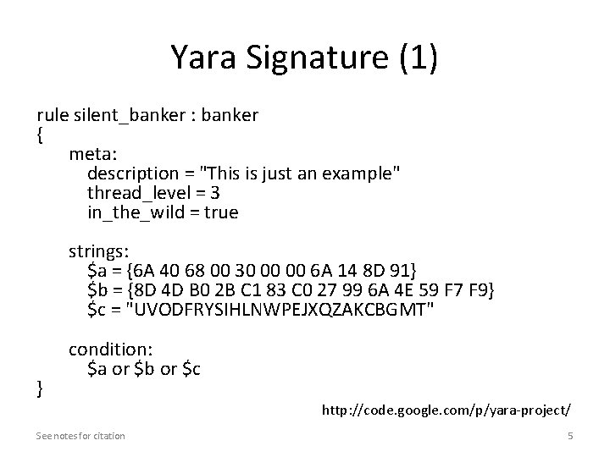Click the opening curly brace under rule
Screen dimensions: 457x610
tap(40, 135)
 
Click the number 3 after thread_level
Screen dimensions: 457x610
tap(215, 193)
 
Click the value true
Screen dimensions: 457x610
tap(222, 212)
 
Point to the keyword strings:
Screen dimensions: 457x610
tap(99, 251)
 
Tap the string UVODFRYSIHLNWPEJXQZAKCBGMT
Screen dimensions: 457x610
tap(280, 310)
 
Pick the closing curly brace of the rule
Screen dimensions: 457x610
tap(40, 388)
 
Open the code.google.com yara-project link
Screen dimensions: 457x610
tap(446, 410)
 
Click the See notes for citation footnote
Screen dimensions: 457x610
tap(80, 435)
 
